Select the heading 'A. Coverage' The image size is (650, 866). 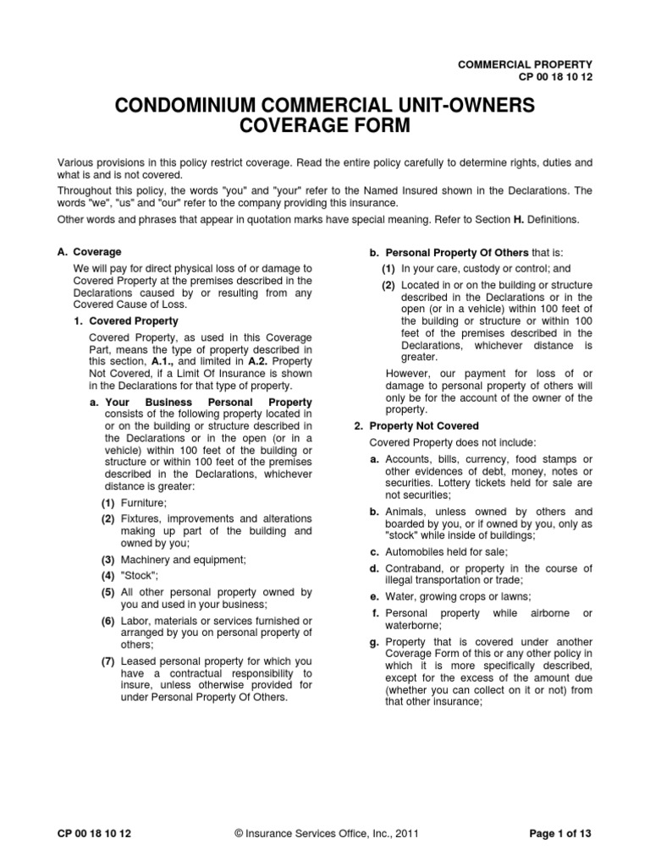[89, 252]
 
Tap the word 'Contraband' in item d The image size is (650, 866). [413, 567]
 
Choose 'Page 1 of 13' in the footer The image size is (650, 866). [559, 833]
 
